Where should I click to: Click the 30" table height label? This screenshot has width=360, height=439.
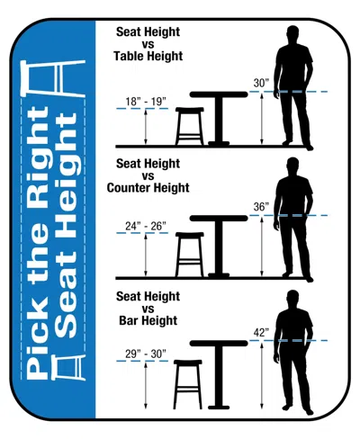coord(261,83)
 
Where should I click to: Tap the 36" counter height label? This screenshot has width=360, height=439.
coord(261,207)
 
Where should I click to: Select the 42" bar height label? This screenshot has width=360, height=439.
coord(261,332)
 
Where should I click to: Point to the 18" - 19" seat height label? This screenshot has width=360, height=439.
coord(146,102)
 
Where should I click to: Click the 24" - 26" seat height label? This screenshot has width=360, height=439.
coord(146,226)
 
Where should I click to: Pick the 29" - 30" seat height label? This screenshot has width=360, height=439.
coord(146,354)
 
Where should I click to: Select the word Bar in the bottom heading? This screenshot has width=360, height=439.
coord(129,320)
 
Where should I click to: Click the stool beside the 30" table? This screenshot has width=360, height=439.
coord(190,126)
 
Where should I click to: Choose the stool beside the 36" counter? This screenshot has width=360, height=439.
coord(190,255)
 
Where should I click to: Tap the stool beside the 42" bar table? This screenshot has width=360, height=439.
coord(188,384)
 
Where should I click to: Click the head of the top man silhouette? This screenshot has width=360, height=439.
coord(292,33)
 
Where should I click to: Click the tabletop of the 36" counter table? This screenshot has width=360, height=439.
coord(219,219)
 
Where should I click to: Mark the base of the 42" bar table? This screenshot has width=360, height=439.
coord(219,408)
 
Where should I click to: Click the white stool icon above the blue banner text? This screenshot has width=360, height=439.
coord(53,78)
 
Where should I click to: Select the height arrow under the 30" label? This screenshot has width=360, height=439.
coord(262,119)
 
